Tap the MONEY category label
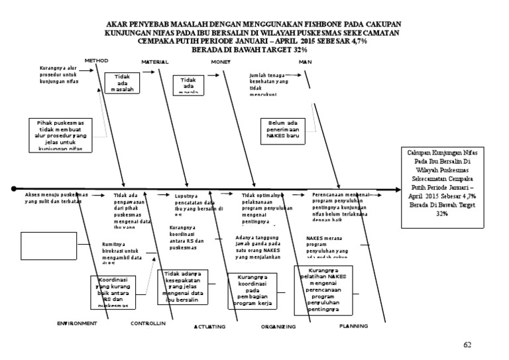[220, 62]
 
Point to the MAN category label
[306, 62]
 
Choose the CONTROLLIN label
[148, 324]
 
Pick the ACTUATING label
[209, 327]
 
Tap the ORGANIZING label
[277, 327]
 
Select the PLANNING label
[353, 326]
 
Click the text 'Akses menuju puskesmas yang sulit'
[56, 198]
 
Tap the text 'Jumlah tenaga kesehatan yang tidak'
[270, 84]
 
